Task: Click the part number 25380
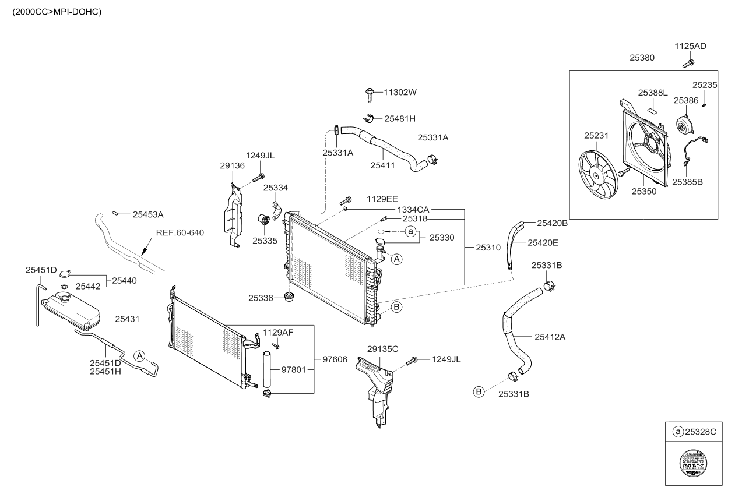[x=642, y=58]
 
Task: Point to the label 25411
[x=382, y=165]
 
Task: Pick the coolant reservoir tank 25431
[x=70, y=312]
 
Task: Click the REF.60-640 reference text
[x=180, y=233]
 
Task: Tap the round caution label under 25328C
[x=693, y=464]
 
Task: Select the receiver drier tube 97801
[x=268, y=370]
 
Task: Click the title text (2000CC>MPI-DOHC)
[x=53, y=12]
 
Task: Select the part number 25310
[x=488, y=248]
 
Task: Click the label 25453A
[x=148, y=214]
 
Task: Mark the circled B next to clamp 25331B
[x=478, y=392]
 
